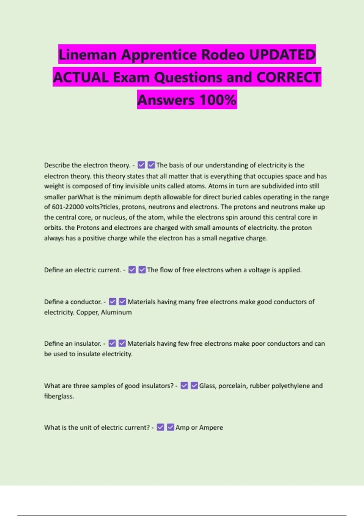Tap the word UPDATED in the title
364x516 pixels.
coord(282,55)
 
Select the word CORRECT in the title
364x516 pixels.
coord(288,77)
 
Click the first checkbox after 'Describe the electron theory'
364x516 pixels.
coord(141,165)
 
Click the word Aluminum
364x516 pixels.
coord(116,312)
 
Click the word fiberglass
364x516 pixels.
coord(59,396)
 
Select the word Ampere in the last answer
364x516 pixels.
coord(211,427)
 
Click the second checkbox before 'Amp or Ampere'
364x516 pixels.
coord(170,427)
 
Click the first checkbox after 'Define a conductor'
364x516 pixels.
coord(113,302)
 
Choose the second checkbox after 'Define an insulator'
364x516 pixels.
coord(122,344)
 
